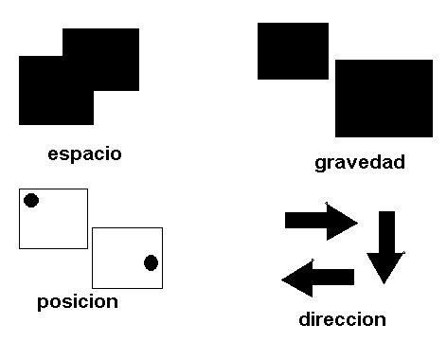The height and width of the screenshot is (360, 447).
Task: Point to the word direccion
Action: coord(342,319)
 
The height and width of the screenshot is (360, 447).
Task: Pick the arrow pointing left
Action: coord(318,279)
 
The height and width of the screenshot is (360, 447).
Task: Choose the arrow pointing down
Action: coord(385,246)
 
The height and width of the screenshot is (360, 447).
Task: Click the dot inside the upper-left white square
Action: coord(31,201)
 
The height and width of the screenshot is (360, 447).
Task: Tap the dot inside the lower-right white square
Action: coord(151,262)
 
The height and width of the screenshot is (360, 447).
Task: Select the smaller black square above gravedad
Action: coord(293,51)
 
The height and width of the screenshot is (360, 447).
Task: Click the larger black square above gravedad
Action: coord(384,98)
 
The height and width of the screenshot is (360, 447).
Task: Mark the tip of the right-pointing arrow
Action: coord(356,222)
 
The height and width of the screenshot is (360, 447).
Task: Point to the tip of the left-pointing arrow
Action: coord(283,279)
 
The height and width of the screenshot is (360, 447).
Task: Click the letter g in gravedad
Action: coord(321,164)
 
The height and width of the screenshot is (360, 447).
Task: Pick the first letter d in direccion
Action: coord(305,319)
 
